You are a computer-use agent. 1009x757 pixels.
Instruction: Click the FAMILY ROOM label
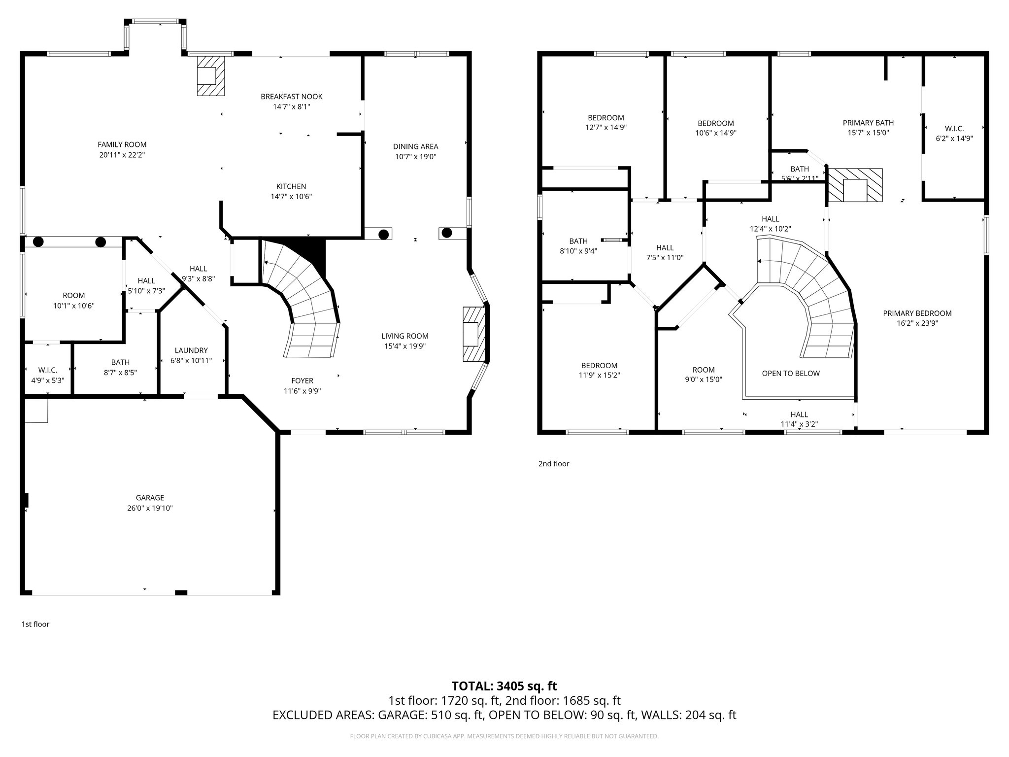click(122, 144)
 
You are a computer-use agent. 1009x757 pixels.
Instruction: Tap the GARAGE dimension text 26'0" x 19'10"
click(150, 508)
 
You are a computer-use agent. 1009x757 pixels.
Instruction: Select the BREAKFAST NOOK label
click(292, 97)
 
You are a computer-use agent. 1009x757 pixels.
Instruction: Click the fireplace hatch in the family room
click(210, 75)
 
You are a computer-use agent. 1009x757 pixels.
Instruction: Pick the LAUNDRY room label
click(191, 350)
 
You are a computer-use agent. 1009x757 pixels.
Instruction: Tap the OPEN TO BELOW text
click(791, 373)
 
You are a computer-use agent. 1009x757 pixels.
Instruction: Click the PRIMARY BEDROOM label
click(917, 313)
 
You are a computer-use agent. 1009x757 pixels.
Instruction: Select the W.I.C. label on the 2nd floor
click(954, 129)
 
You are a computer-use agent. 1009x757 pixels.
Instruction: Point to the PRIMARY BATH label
click(868, 123)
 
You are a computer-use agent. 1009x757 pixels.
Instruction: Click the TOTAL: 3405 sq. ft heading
click(504, 686)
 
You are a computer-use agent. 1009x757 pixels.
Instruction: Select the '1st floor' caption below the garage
click(35, 624)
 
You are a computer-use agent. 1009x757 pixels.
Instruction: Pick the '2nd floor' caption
click(554, 463)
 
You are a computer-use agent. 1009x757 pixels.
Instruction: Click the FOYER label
click(302, 380)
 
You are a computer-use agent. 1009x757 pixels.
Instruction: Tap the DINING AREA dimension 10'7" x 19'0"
click(415, 157)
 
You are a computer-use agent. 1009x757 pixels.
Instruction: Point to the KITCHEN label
click(291, 186)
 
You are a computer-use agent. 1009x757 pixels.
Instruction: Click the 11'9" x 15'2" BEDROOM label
click(599, 365)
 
